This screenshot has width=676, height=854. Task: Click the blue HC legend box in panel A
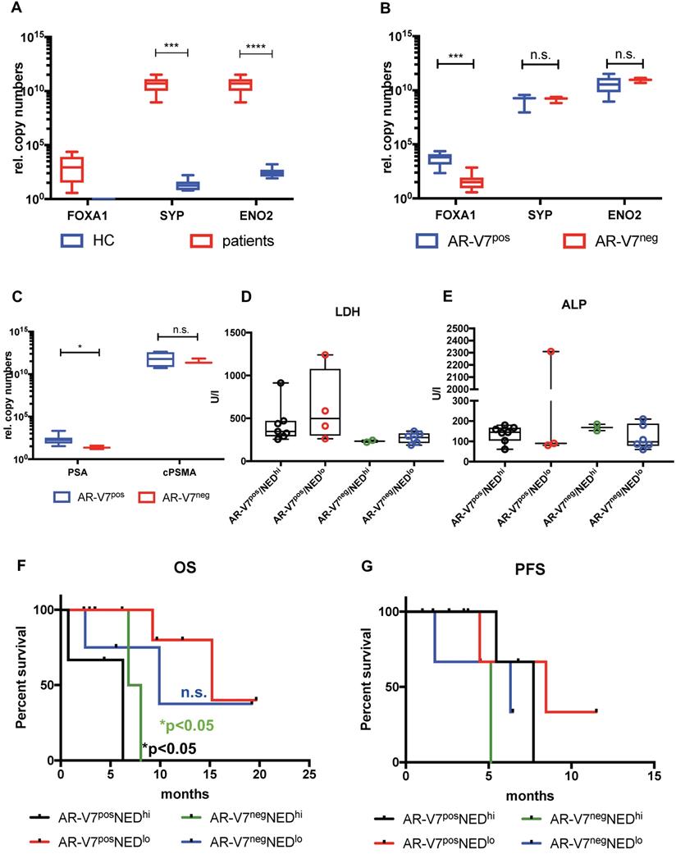pos(73,241)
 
